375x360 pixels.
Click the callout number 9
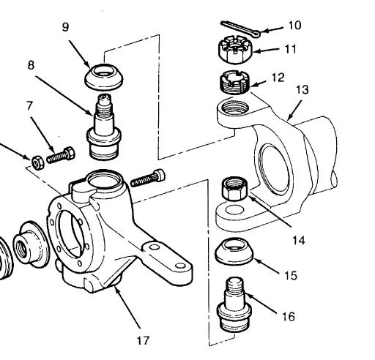tap(65, 27)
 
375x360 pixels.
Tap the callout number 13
tap(302, 89)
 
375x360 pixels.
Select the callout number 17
tap(143, 340)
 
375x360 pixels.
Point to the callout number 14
tap(299, 241)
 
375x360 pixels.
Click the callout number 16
tap(289, 317)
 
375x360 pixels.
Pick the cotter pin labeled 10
tap(241, 29)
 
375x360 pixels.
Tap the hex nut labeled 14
tap(234, 189)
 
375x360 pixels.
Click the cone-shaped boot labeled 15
tap(234, 252)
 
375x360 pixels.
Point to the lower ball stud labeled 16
tap(234, 305)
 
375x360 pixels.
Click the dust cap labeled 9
tap(104, 77)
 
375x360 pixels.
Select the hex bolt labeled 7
tap(61, 155)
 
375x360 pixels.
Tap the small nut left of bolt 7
tap(38, 162)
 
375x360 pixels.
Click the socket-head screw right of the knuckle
tap(148, 179)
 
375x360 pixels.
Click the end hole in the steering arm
tap(180, 266)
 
